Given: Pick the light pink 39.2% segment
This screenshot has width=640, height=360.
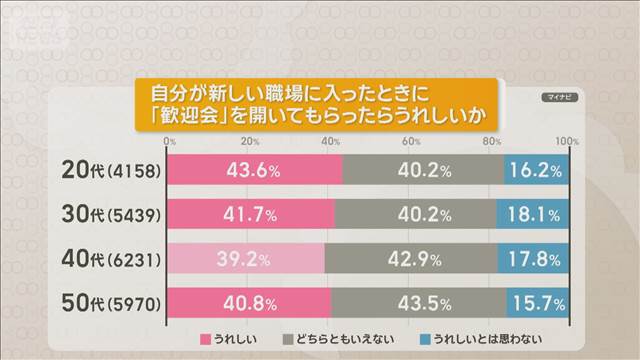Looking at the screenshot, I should (245, 259).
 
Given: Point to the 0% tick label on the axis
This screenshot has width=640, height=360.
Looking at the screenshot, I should (170, 141).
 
